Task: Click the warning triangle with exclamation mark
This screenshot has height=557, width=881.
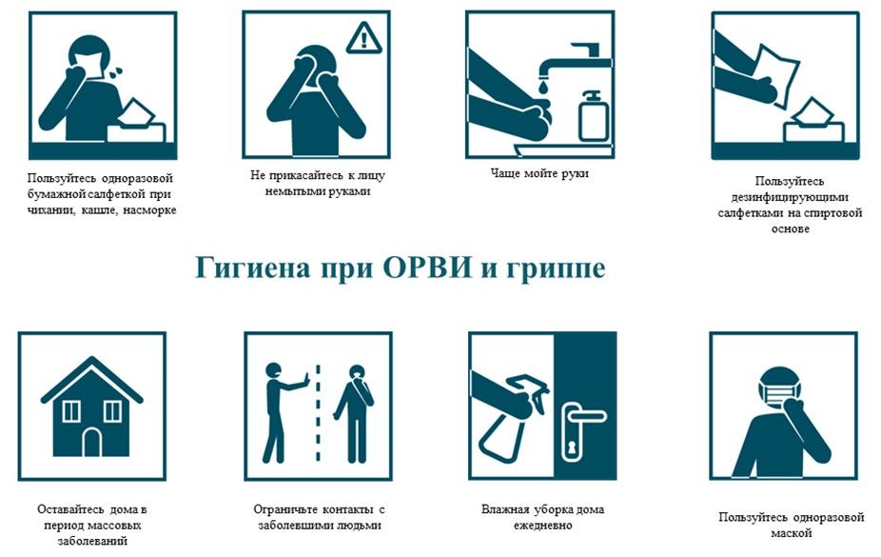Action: click(x=364, y=39)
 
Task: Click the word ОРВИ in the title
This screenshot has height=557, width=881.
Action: click(x=427, y=268)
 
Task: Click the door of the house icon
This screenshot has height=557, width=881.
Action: click(x=91, y=443)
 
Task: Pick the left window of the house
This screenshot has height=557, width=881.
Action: click(x=70, y=411)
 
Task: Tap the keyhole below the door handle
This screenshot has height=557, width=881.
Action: click(x=573, y=448)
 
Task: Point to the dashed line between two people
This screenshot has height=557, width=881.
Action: click(x=318, y=413)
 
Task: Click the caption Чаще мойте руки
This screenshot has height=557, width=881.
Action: click(x=539, y=173)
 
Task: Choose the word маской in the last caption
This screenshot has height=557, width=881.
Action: click(x=792, y=533)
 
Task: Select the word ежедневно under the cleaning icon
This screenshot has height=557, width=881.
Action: click(x=542, y=526)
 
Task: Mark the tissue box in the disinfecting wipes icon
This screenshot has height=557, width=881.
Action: click(x=813, y=123)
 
